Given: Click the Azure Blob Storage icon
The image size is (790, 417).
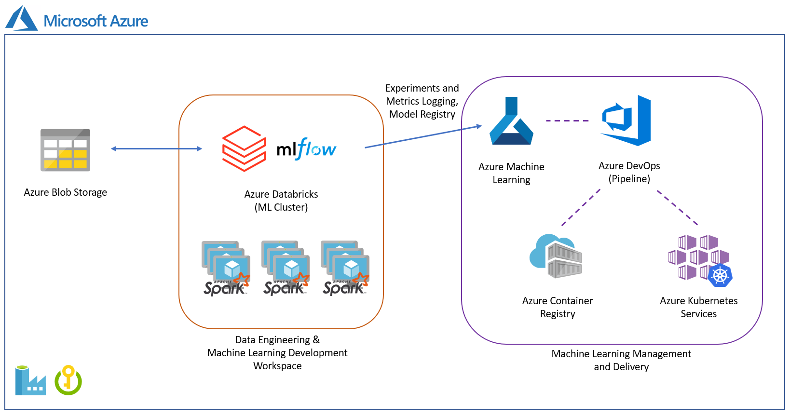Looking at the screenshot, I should tap(65, 150).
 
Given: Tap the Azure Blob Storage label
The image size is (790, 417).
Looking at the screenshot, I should tap(65, 192).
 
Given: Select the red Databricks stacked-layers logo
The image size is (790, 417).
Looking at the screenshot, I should tap(244, 148).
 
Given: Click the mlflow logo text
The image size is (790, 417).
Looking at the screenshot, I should tap(306, 149).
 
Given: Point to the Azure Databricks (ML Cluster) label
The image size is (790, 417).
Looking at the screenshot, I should tap(281, 201).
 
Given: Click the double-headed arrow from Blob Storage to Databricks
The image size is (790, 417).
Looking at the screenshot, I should tap(156, 148).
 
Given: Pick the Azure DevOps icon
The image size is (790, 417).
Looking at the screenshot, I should tap(627, 121).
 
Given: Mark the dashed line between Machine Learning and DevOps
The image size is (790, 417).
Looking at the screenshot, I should tap(567, 121).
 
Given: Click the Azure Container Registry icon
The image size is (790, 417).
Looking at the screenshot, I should tap(556, 256).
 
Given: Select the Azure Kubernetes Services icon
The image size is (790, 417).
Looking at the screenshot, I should tap(700, 260).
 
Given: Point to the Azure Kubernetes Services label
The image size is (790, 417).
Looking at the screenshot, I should tap(698, 307).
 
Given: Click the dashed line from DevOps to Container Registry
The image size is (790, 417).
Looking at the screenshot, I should tap(581, 207).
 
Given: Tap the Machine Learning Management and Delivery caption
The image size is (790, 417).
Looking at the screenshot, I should tap(621, 360).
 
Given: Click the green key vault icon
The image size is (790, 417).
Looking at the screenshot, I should tap(68, 380).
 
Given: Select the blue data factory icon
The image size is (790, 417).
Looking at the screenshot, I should tap(30, 381).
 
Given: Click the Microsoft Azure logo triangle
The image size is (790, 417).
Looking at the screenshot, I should tap(22, 19).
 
